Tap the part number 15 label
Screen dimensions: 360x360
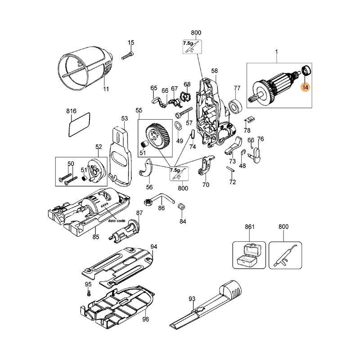click(x=131, y=43)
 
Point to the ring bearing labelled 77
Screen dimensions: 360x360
click(x=235, y=106)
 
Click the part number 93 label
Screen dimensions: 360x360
click(x=192, y=298)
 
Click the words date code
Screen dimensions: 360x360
click(x=117, y=221)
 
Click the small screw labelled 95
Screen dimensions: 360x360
click(x=89, y=293)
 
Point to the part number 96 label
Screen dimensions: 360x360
click(x=145, y=319)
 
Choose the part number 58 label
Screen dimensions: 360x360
click(x=215, y=70)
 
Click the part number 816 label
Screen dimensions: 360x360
click(x=72, y=111)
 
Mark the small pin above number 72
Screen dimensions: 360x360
click(x=231, y=169)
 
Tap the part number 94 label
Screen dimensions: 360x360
click(x=154, y=247)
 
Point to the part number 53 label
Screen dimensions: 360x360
click(x=125, y=118)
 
